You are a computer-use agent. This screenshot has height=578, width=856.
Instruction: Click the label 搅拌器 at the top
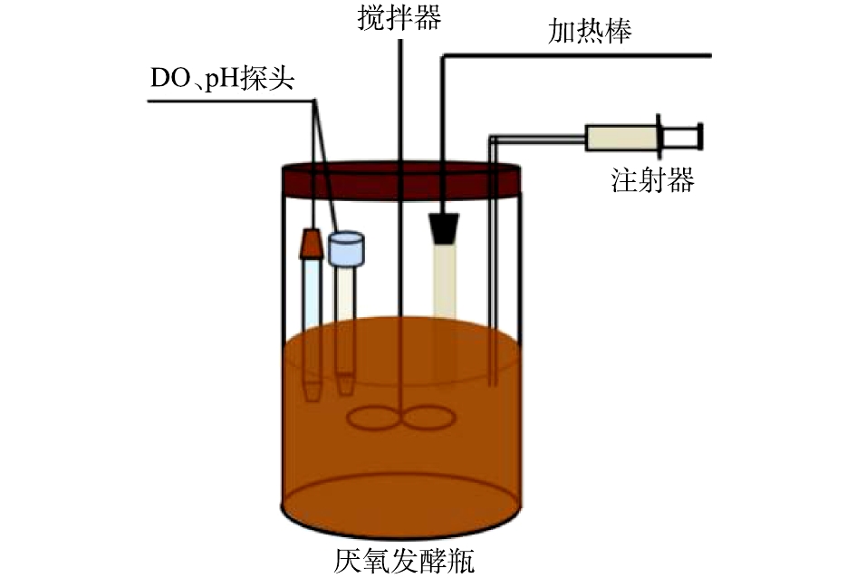[399, 17]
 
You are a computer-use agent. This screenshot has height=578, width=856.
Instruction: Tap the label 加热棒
[590, 31]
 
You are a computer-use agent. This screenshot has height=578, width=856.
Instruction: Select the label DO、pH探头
[223, 79]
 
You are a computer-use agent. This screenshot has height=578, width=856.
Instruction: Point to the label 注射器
[652, 180]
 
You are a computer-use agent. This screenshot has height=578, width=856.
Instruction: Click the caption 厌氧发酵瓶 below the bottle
[405, 561]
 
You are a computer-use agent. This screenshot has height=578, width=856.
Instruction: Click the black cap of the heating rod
[443, 228]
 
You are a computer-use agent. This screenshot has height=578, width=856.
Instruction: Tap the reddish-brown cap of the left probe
[312, 244]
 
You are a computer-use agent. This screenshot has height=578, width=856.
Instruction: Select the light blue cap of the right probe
[346, 249]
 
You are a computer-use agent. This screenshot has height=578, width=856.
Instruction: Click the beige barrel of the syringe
[621, 138]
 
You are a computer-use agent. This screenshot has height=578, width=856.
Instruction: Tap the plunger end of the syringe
[700, 137]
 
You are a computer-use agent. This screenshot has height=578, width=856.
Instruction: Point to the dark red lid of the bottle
[401, 180]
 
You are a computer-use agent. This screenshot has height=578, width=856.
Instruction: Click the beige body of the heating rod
[445, 280]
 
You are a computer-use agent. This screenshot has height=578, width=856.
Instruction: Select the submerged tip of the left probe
[313, 391]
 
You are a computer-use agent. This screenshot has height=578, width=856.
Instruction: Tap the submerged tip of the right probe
[344, 384]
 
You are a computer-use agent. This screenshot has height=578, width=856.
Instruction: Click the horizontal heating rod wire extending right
[577, 55]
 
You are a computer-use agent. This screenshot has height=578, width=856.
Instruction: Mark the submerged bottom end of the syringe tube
[493, 384]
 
